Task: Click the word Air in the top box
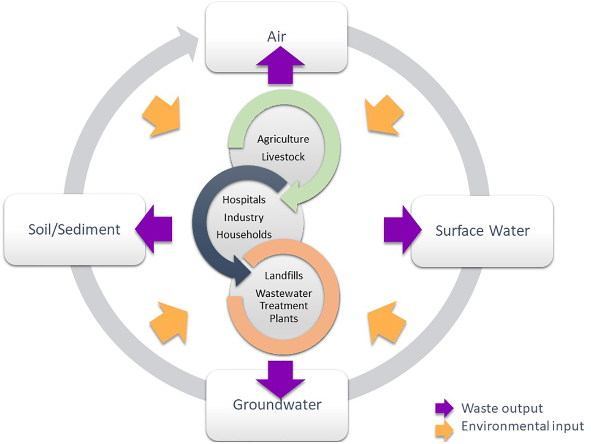click(x=277, y=37)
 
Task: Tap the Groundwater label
click(x=277, y=404)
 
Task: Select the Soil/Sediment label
click(x=74, y=229)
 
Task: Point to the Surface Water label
click(x=482, y=230)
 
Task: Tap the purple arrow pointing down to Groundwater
click(x=280, y=378)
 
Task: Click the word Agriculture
click(x=283, y=139)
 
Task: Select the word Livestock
click(x=283, y=157)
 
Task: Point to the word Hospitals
click(x=244, y=200)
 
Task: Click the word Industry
click(x=244, y=217)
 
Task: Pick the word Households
click(x=244, y=235)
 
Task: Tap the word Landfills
click(x=284, y=276)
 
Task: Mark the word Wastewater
click(x=284, y=293)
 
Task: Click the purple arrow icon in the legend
click(x=444, y=408)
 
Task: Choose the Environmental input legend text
click(x=523, y=426)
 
